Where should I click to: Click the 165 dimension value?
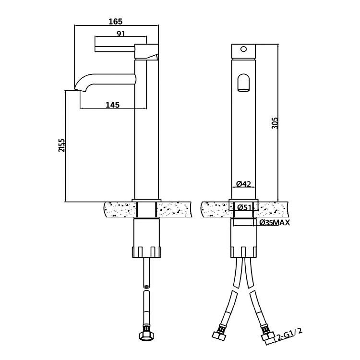click(116, 21)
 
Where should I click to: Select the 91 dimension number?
click(122, 34)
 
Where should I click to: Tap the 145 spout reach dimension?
click(112, 105)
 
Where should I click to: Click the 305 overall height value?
click(275, 123)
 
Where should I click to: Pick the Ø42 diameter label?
click(245, 183)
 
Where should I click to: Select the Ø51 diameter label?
click(245, 207)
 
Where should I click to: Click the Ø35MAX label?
click(274, 223)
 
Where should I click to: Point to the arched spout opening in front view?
click(244, 82)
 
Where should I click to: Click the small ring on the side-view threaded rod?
click(147, 287)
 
